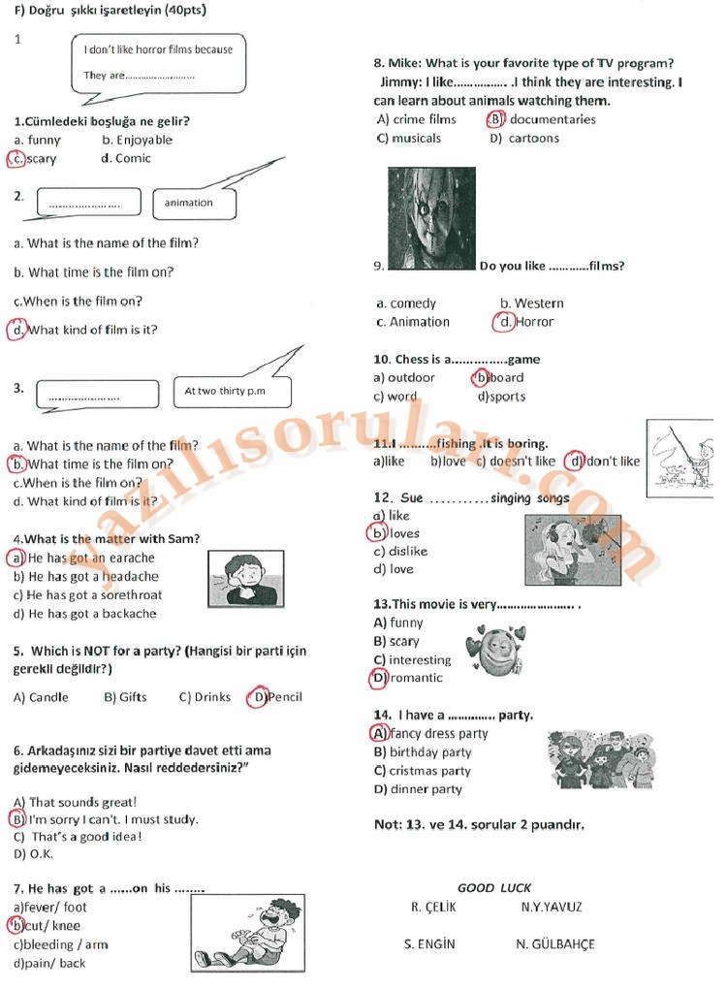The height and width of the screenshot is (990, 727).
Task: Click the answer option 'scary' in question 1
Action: [x=42, y=159]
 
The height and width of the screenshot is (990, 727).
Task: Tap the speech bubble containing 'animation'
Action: [x=195, y=204]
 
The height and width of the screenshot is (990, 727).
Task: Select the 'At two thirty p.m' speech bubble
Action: [x=233, y=392]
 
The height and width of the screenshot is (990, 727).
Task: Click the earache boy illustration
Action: [x=246, y=578]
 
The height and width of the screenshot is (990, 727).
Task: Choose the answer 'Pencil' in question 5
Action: [x=285, y=697]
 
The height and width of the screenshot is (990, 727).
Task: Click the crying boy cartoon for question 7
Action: [x=248, y=933]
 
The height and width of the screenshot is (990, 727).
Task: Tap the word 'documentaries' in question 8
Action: [x=553, y=119]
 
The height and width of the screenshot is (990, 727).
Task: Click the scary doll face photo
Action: [x=431, y=218]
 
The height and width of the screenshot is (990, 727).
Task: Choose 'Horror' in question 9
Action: [x=534, y=322]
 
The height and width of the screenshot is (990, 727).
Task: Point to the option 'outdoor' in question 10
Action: [x=411, y=377]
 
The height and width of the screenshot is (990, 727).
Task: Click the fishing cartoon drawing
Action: [x=680, y=458]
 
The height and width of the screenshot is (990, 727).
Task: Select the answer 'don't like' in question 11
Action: [x=613, y=462]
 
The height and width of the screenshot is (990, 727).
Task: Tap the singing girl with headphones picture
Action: [x=573, y=550]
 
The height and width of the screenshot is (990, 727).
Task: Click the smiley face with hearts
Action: [x=495, y=651]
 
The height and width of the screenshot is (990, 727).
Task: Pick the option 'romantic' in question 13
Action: [x=417, y=678]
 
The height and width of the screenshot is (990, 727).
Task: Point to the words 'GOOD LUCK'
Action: [x=494, y=888]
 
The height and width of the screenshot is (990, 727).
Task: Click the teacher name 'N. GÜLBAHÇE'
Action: [x=555, y=943]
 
